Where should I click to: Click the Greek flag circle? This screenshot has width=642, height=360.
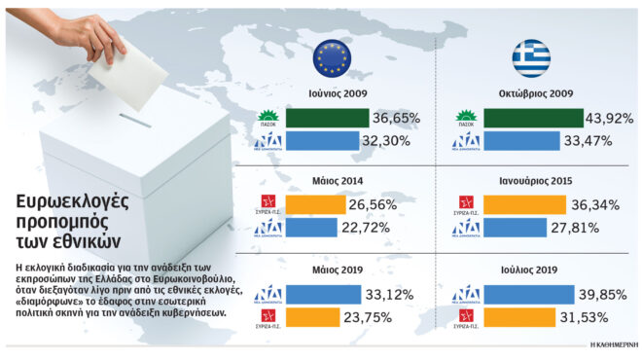click(x=532, y=60)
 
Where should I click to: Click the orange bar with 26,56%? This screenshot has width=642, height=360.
click(x=311, y=205)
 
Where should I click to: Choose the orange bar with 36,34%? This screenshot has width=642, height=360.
click(x=524, y=205)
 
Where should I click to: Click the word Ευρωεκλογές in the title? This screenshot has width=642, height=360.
click(x=75, y=201)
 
